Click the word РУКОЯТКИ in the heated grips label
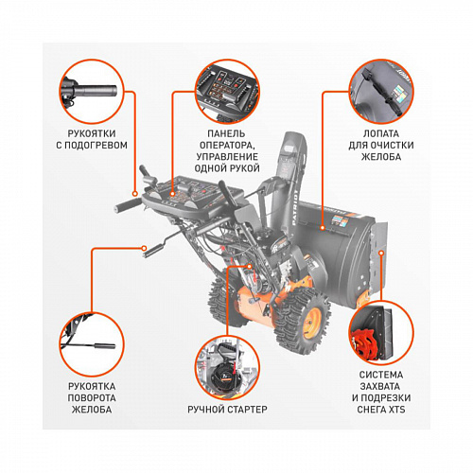92,133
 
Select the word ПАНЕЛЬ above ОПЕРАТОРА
226,133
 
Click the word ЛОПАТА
381,133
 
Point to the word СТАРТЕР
247,410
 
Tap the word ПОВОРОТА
92,398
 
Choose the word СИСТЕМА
381,375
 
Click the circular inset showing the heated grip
92,92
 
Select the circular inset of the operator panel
227,92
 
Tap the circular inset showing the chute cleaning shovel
381,92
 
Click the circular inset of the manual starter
227,368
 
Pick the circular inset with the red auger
381,333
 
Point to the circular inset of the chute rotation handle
92,344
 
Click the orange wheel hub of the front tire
312,323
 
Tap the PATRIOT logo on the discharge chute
295,207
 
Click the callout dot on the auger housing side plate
381,253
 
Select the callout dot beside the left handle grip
135,194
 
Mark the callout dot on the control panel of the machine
172,194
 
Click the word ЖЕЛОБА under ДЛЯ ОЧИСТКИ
381,157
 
